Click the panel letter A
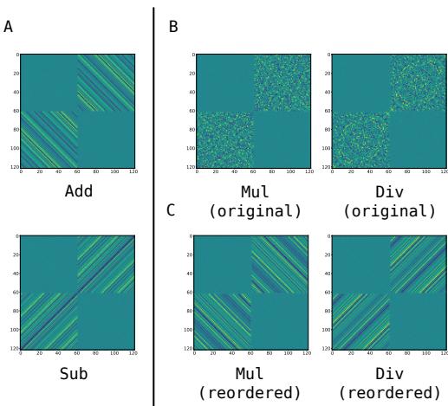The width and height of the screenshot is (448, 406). coord(9,27)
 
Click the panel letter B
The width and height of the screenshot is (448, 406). coord(173,27)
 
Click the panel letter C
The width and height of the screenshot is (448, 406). coord(171,210)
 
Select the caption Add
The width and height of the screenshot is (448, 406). coord(79,191)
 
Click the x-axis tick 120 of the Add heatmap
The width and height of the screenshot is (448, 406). coord(133,171)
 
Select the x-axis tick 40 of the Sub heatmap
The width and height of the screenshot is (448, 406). coord(57,354)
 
